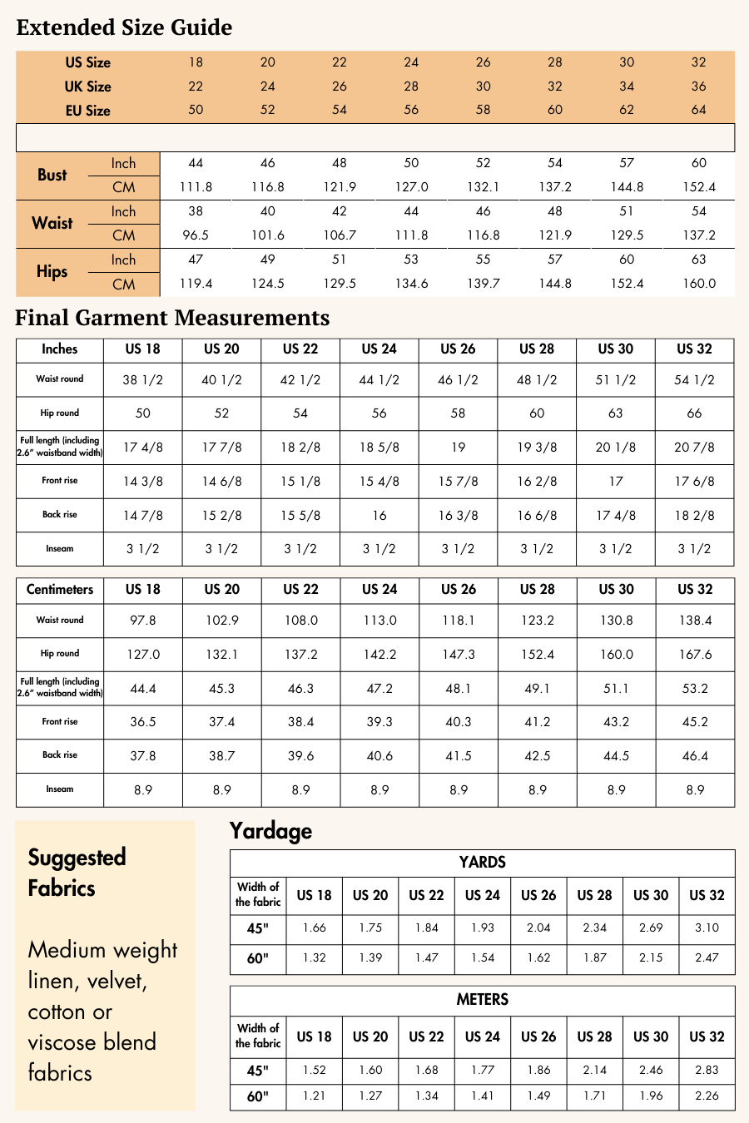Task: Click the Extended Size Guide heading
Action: pyautogui.click(x=124, y=27)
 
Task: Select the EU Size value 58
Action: pyautogui.click(x=483, y=110)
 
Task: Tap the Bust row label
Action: pyautogui.click(x=52, y=175)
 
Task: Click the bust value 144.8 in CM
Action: pyautogui.click(x=627, y=187)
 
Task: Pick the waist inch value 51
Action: pyautogui.click(x=627, y=211)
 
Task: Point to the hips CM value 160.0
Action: pyautogui.click(x=699, y=284)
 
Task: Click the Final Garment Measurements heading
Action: pyautogui.click(x=172, y=318)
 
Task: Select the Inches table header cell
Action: pyautogui.click(x=60, y=349)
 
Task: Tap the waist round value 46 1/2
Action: pyautogui.click(x=458, y=380)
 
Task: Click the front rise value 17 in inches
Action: pyautogui.click(x=616, y=482)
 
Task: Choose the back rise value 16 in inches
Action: pyautogui.click(x=379, y=516)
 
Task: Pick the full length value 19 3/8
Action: pyautogui.click(x=537, y=448)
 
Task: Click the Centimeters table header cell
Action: pyautogui.click(x=60, y=590)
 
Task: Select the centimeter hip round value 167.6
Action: pyautogui.click(x=695, y=655)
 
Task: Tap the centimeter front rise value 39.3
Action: pyautogui.click(x=379, y=722)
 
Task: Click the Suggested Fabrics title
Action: pyautogui.click(x=77, y=872)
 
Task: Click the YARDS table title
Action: pyautogui.click(x=482, y=863)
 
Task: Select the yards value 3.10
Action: pyautogui.click(x=707, y=928)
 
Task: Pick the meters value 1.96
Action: pyautogui.click(x=651, y=1096)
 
